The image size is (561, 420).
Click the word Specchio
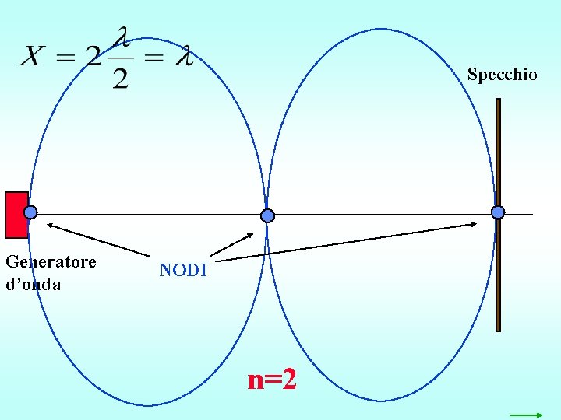pos(502,75)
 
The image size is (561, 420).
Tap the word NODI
pos(183,271)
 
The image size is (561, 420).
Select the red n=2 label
pos(272,380)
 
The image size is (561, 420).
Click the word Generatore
pos(51,261)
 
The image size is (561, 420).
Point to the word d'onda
pos(33,284)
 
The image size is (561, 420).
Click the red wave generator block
pos(15,215)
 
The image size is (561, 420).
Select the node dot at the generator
pos(30,212)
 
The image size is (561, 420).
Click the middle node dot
pos(267,215)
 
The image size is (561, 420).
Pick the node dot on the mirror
pos(498,212)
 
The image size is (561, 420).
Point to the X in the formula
pos(32,56)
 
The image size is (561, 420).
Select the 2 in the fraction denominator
pos(120,79)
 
